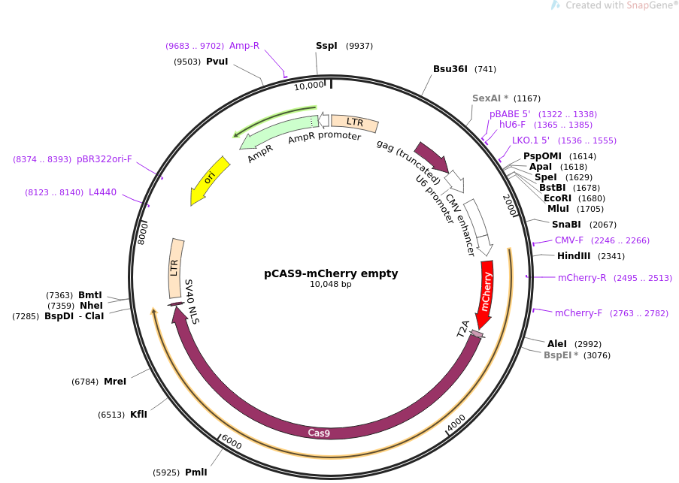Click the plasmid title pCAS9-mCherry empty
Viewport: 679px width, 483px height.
click(331, 273)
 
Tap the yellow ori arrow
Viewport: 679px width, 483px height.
click(210, 180)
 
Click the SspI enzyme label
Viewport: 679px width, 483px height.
click(326, 46)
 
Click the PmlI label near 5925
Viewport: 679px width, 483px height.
click(196, 472)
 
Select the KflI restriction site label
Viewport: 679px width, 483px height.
click(138, 415)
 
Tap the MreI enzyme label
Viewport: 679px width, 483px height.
click(115, 382)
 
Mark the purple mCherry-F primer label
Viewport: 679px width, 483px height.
click(578, 313)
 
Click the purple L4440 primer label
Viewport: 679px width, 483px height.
click(102, 192)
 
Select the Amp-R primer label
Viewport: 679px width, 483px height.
click(244, 46)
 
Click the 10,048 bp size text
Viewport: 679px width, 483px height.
click(331, 285)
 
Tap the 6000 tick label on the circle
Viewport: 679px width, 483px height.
click(232, 444)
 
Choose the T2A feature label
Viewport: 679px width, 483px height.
click(464, 328)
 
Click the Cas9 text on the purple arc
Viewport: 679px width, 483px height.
click(319, 433)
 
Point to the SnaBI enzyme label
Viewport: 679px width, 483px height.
click(566, 225)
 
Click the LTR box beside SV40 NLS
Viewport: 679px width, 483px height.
click(176, 267)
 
